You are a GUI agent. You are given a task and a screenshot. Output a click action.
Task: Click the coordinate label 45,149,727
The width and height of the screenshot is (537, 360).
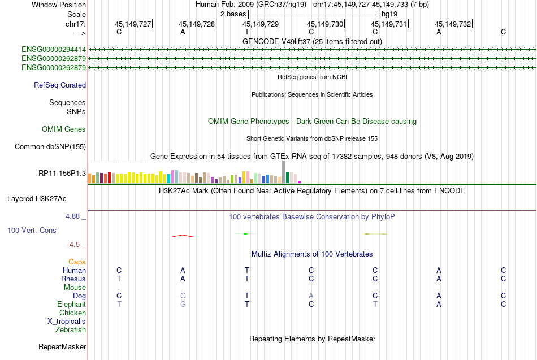(133, 24)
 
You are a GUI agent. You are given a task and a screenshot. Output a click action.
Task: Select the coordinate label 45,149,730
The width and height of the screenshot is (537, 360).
(325, 24)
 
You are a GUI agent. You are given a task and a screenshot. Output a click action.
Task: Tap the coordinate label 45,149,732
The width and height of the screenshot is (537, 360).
(452, 24)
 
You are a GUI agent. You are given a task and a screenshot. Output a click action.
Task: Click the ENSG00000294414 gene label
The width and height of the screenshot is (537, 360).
(54, 50)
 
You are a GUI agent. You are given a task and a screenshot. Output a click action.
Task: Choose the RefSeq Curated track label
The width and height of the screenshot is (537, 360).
(60, 85)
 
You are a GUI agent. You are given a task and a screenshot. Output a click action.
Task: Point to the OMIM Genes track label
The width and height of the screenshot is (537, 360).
(64, 129)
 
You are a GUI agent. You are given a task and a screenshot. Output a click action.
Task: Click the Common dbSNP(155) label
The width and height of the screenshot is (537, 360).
(50, 147)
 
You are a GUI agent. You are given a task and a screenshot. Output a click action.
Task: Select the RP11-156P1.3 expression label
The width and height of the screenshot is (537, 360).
(62, 174)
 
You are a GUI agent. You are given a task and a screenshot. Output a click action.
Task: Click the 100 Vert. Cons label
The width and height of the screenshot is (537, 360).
(32, 231)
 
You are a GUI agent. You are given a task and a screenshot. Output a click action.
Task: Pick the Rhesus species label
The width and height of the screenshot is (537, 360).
(73, 279)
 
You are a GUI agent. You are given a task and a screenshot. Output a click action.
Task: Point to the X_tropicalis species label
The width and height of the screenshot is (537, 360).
(67, 321)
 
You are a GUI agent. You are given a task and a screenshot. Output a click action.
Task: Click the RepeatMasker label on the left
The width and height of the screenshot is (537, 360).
(62, 346)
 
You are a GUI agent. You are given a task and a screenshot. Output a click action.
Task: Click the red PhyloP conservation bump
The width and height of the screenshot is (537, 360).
(183, 235)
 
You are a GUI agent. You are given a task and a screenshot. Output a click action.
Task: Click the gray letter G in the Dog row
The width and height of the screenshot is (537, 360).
(183, 296)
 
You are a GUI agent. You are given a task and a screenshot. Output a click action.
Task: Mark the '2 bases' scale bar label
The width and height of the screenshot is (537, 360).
(232, 14)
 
